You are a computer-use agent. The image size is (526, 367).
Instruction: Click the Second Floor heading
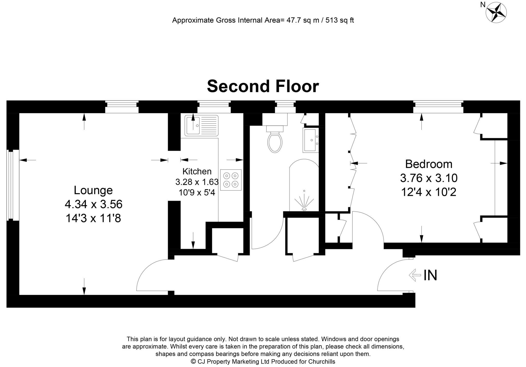click(263, 86)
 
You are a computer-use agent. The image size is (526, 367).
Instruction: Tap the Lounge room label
click(93, 190)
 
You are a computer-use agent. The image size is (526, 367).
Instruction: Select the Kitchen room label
click(197, 171)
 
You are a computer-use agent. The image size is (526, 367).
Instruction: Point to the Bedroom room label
click(429, 164)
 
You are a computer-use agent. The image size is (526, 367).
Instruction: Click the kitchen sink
click(201, 126)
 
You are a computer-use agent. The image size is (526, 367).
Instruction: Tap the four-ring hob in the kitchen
click(231, 180)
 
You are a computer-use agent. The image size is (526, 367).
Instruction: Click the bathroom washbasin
click(310, 140)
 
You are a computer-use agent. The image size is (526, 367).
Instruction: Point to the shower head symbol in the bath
click(304, 202)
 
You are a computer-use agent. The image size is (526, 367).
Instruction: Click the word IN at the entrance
click(430, 275)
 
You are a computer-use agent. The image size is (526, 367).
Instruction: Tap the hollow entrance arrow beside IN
click(415, 275)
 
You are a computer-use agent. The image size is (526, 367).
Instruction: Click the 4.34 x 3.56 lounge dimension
click(93, 205)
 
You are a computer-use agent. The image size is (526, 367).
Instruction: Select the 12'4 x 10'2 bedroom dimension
click(429, 192)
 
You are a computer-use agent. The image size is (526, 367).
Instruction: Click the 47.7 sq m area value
click(303, 20)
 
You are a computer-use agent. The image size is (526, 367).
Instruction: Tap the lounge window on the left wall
click(11, 185)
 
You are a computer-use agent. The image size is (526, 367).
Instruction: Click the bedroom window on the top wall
click(438, 107)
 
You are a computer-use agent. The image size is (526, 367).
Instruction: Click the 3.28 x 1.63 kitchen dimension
click(197, 182)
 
